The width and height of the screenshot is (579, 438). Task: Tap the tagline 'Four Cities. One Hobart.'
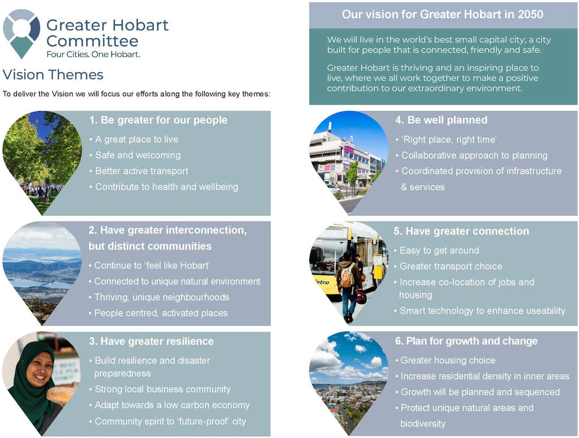click(93, 54)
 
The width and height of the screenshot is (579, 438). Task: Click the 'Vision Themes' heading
click(53, 75)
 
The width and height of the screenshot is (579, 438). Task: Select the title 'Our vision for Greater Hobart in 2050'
click(442, 15)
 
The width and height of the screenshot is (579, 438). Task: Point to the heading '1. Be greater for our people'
click(158, 120)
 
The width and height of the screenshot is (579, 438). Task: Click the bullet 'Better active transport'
click(141, 171)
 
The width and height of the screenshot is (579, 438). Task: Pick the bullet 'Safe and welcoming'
click(137, 155)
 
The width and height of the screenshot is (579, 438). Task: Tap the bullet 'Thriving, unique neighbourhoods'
click(161, 297)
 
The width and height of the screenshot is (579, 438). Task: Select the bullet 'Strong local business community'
click(162, 389)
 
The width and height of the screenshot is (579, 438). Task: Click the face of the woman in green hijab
click(39, 370)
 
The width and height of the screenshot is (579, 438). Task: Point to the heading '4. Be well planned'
click(441, 120)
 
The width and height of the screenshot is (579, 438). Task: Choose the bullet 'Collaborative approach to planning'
click(474, 155)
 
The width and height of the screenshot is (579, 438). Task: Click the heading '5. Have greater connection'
click(461, 231)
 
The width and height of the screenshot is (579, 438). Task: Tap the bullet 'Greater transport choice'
click(450, 266)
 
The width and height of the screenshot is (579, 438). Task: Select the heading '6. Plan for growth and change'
click(466, 341)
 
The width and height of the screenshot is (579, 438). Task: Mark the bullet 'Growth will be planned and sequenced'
click(479, 392)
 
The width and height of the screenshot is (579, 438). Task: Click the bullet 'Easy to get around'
click(439, 250)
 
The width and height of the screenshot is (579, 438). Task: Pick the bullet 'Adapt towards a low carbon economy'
click(171, 405)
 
